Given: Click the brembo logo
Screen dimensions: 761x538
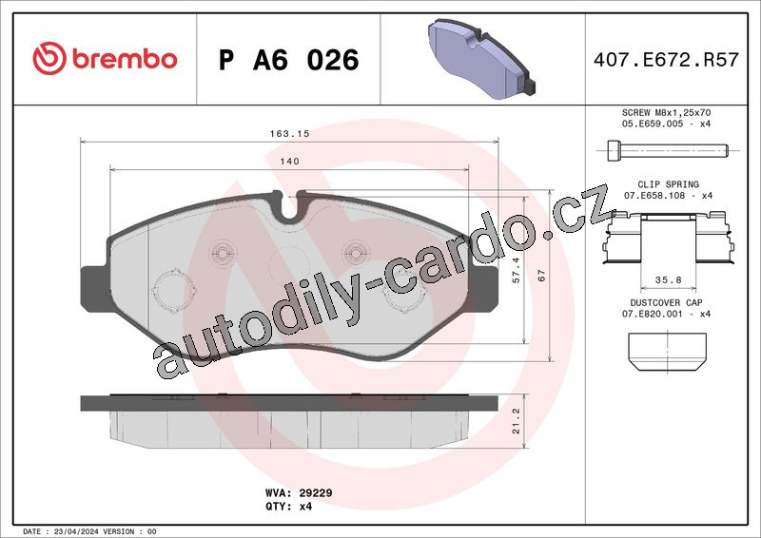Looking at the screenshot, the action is pyautogui.click(x=105, y=58).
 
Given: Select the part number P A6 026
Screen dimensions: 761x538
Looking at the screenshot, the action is pyautogui.click(x=289, y=60).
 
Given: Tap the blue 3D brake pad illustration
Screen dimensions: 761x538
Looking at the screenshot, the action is pyautogui.click(x=481, y=58).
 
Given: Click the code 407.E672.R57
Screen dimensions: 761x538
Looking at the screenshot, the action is pyautogui.click(x=666, y=60).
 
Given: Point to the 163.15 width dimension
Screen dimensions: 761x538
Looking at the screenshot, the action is pyautogui.click(x=290, y=133).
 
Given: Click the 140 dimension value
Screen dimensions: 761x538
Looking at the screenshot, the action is pyautogui.click(x=290, y=161).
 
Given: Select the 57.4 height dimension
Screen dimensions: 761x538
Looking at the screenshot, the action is pyautogui.click(x=516, y=270).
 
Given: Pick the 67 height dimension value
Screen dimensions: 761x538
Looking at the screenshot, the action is pyautogui.click(x=541, y=276).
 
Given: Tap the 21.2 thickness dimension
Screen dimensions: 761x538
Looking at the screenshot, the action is pyautogui.click(x=516, y=420).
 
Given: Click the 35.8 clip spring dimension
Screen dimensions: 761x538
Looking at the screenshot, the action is pyautogui.click(x=669, y=279).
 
